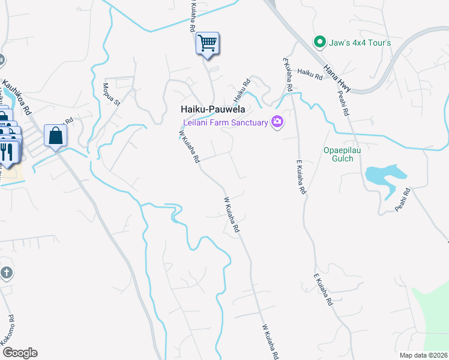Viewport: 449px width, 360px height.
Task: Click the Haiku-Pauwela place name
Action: coord(212,110)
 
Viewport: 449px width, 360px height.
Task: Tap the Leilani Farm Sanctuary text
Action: coord(224,122)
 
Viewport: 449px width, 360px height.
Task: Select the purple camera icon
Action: coord(277,122)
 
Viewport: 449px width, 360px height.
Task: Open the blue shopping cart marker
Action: coord(207,44)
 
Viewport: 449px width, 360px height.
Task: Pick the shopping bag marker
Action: coord(55,136)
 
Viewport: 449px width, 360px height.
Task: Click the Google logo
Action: coord(20,353)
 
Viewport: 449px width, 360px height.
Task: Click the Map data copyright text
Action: coord(423,355)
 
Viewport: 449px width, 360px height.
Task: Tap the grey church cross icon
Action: coord(6,274)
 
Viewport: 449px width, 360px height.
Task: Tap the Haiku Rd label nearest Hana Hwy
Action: coord(310,74)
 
